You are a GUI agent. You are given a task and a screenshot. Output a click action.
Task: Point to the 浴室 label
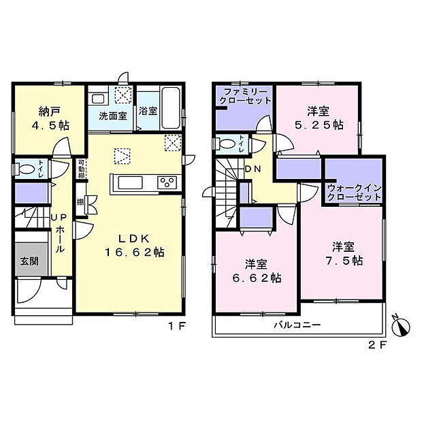(148, 112)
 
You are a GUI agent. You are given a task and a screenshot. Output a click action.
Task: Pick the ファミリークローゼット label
(245, 96)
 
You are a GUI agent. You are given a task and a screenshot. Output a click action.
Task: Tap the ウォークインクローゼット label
(353, 191)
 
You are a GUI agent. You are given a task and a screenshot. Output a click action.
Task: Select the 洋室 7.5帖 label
(342, 253)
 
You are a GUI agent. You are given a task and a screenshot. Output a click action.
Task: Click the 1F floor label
(177, 325)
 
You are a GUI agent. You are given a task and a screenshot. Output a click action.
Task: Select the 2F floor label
(378, 345)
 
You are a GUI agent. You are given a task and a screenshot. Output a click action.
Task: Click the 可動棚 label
(80, 169)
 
